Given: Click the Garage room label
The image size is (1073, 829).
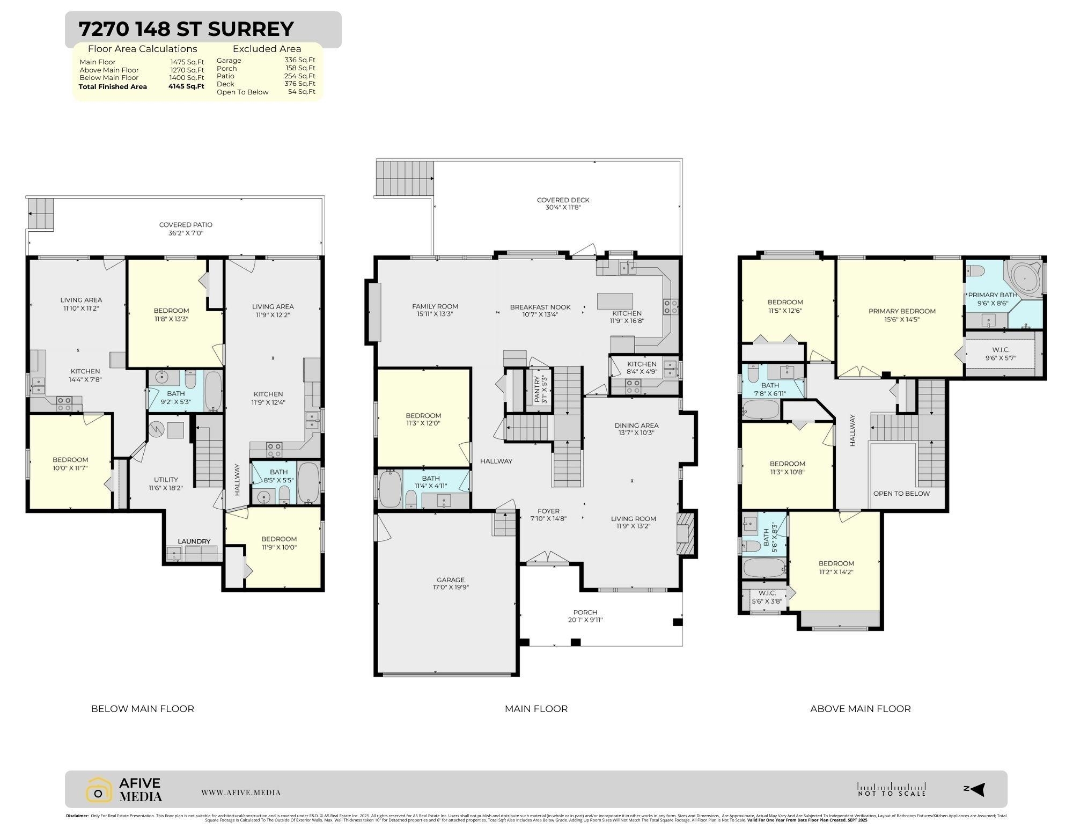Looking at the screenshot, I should (x=450, y=579).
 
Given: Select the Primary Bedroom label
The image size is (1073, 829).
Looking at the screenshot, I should (x=902, y=311).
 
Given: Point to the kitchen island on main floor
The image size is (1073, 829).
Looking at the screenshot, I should (x=615, y=300).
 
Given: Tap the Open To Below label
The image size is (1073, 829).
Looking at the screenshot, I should (x=901, y=494).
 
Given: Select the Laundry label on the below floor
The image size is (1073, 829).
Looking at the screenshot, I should (x=194, y=541).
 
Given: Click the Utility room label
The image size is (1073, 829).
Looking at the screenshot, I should (x=166, y=480).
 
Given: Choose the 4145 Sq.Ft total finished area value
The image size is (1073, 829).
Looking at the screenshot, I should (x=186, y=86).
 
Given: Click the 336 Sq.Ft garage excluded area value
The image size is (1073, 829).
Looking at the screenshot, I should (x=300, y=61).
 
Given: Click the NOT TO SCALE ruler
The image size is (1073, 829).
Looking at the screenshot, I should (x=891, y=789).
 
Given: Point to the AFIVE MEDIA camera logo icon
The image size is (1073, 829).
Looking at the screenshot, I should (x=99, y=790).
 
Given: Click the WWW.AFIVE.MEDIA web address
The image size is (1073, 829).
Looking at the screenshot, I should (x=241, y=793).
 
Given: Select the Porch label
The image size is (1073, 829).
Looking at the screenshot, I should (x=585, y=612).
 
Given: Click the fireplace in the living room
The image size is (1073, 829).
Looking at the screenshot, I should (x=685, y=533).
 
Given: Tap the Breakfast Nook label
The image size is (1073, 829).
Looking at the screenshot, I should (x=540, y=307).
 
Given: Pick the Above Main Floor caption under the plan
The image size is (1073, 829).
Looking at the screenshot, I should (x=860, y=709).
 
